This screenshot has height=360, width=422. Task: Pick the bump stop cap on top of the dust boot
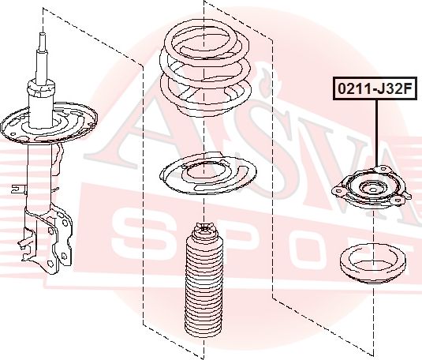(x=205, y=232)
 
